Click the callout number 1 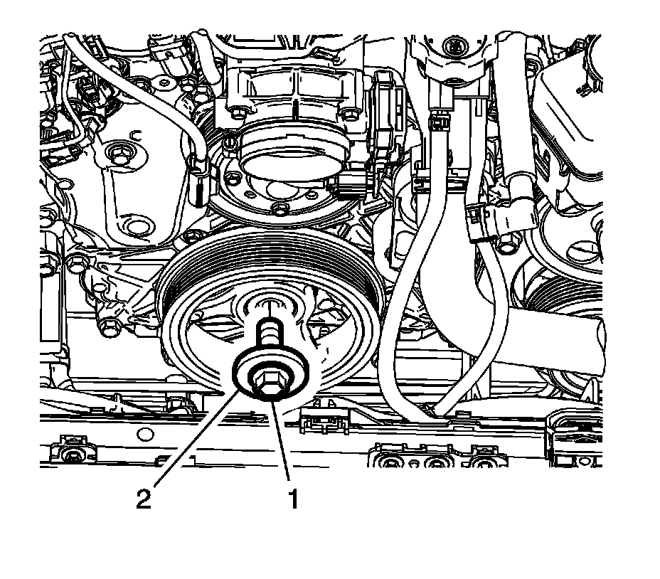coord(293,499)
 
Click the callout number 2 coord(144,499)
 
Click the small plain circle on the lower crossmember coord(144,434)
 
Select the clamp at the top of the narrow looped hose coord(438,123)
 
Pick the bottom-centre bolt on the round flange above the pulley coord(279,207)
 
